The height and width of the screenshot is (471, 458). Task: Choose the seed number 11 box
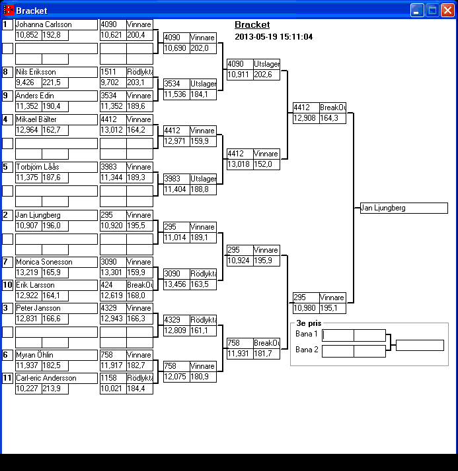pos(7,378)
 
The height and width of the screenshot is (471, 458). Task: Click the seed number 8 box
pos(7,72)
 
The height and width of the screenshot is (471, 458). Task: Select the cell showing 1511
pos(113,72)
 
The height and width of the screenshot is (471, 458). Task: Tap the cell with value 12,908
pos(306,118)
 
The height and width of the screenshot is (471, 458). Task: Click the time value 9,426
pos(27,82)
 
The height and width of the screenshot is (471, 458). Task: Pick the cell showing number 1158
pos(113,378)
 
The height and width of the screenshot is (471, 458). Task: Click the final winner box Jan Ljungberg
pos(404,208)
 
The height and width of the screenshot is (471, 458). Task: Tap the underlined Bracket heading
pos(252,24)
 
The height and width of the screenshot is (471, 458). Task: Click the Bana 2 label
pos(307,350)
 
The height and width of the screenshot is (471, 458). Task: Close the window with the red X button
pos(447,10)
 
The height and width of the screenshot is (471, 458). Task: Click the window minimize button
pos(417,10)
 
